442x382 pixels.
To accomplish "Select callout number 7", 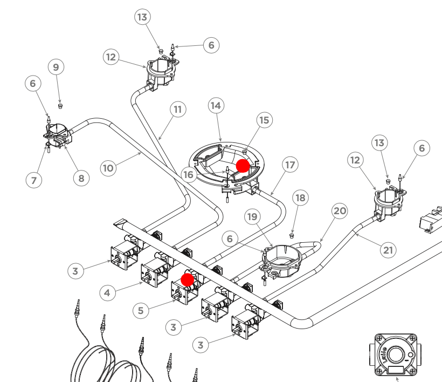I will [33, 180].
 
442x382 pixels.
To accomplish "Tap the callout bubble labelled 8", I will [81, 178].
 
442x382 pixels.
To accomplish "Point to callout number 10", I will [108, 168].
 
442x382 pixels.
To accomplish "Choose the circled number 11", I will [177, 110].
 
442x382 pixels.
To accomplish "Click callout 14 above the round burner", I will [216, 106].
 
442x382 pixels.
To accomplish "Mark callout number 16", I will [189, 174].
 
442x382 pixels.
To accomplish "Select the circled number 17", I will [290, 165].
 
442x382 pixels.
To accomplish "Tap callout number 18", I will [300, 198].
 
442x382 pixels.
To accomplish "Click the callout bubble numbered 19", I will [252, 217].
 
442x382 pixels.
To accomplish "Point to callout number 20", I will [340, 210].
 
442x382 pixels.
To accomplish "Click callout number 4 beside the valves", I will [108, 293].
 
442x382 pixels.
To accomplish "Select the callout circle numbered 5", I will [141, 310].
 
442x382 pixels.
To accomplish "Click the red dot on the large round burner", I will [243, 166].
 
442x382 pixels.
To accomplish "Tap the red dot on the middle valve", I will [187, 279].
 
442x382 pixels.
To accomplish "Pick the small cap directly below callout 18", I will [292, 235].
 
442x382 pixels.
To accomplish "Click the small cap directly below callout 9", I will [60, 106].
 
